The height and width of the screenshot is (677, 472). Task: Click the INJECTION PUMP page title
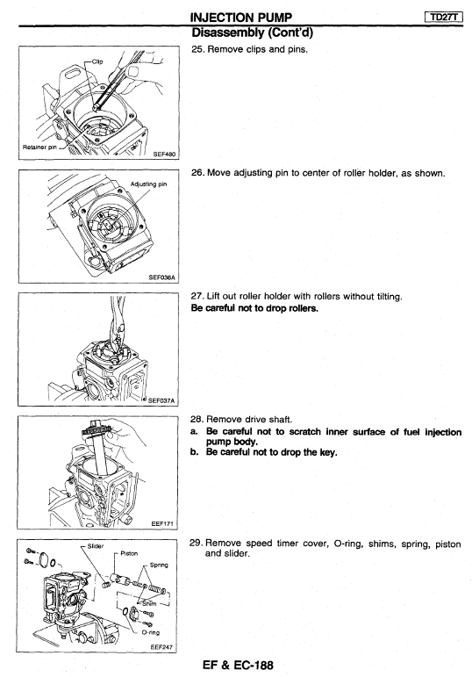241,18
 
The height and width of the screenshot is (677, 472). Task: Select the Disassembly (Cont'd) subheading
252,32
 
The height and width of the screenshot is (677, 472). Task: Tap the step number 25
197,49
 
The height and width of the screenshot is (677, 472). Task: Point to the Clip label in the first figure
97,61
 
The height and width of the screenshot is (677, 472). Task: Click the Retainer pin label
39,147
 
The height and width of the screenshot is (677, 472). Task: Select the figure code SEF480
164,155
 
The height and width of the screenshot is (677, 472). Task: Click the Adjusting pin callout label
148,184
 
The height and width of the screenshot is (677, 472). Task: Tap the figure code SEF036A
161,277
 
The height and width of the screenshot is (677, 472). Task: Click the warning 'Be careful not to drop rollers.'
254,308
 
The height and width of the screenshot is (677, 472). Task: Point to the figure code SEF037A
161,400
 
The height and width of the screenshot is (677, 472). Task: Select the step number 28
197,419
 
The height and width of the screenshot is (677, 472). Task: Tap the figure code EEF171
162,523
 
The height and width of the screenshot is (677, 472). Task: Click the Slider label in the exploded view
96,546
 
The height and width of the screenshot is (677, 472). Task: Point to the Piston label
129,553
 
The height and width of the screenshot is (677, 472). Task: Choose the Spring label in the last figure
159,565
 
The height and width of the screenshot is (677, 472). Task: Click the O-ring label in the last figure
151,632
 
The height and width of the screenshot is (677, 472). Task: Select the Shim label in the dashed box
149,603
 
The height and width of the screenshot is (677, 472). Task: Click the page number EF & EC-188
238,665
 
